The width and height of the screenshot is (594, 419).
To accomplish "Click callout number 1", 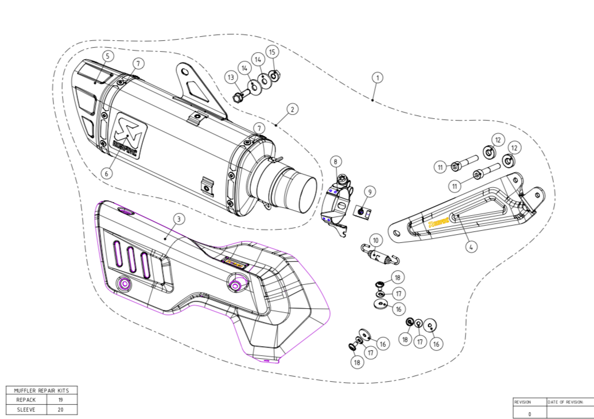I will (377, 77).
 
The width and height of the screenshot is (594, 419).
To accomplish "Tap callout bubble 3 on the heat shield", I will (179, 219).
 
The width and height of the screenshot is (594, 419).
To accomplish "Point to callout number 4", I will (471, 247).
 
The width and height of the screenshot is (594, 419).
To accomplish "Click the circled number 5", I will (107, 56).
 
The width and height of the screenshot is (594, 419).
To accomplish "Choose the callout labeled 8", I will (335, 162).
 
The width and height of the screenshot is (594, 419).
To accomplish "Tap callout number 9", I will (370, 191).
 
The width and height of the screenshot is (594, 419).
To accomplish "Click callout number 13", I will (231, 77).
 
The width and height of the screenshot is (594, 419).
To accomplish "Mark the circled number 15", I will (273, 52).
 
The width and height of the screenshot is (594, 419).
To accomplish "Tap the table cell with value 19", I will (61, 399).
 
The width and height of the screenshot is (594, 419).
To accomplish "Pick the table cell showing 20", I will (61, 409).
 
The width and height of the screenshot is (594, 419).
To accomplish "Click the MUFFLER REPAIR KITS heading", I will (41, 390).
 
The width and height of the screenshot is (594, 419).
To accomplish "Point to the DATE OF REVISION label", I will (565, 402).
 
